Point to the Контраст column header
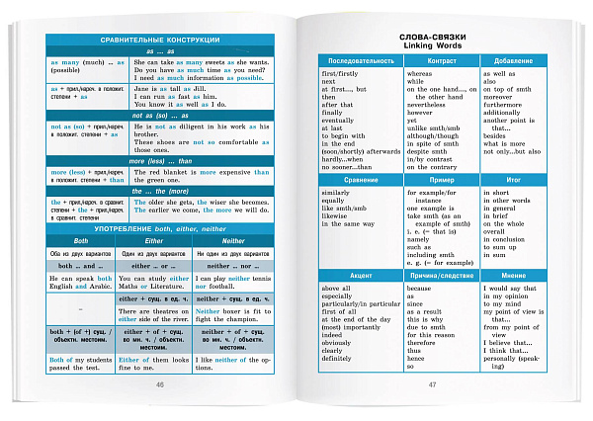[x=438, y=61]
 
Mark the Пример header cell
[x=438, y=181]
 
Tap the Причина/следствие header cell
[x=438, y=275]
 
